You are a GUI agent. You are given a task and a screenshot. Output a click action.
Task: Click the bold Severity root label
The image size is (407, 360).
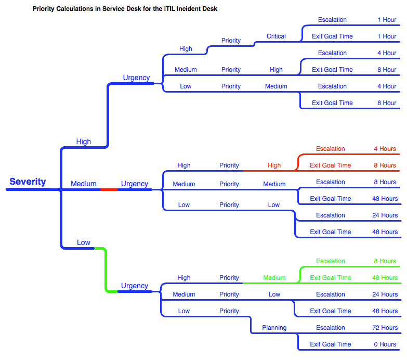(x=28, y=182)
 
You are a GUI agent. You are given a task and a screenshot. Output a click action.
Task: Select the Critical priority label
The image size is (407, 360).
(x=276, y=36)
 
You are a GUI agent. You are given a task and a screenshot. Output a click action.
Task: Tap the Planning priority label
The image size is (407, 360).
(x=274, y=328)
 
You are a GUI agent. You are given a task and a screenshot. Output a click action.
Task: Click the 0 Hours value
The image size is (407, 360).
(x=385, y=344)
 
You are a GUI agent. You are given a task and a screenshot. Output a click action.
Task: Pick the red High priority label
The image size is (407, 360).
(x=274, y=165)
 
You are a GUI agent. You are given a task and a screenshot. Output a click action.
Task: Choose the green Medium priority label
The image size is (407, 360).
(x=274, y=278)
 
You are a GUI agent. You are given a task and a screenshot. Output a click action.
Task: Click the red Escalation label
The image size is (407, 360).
(x=330, y=149)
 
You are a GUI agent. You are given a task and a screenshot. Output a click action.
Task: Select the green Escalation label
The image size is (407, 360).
(x=330, y=261)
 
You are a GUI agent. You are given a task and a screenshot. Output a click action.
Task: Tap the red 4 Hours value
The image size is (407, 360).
(x=385, y=149)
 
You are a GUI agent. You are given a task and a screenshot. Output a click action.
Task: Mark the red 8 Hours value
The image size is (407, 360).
(x=385, y=165)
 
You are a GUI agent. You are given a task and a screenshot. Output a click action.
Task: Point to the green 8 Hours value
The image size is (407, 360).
(x=385, y=261)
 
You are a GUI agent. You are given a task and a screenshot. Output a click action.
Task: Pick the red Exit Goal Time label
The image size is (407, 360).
(x=330, y=165)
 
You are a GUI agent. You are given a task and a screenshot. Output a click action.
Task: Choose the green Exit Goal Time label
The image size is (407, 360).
(x=330, y=278)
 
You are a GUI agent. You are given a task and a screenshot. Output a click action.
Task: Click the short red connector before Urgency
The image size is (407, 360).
(x=109, y=189)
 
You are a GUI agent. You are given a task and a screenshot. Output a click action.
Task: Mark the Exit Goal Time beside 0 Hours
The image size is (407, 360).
(x=330, y=344)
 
